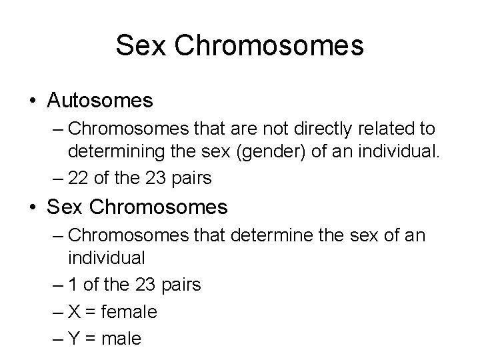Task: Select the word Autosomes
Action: (100, 101)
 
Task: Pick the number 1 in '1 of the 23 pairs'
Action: (71, 285)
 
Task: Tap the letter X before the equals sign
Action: (74, 311)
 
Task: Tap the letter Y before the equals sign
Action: (74, 338)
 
